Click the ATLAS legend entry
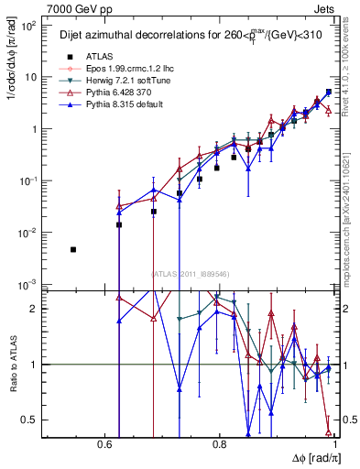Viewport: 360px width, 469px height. click(x=86, y=57)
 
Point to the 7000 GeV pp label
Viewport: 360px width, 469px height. click(x=74, y=8)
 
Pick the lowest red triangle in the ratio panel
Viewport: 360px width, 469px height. click(x=328, y=432)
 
